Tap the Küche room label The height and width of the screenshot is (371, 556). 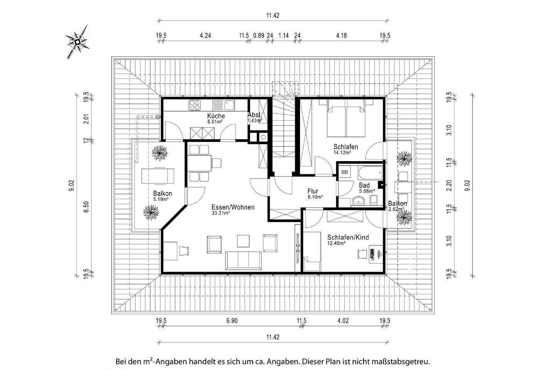point(216,116)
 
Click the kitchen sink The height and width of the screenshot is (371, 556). point(224,105)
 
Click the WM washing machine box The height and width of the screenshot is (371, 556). point(344,172)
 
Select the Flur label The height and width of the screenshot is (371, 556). point(313,191)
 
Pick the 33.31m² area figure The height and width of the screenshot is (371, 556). point(220,213)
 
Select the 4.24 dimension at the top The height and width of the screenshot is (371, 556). point(205,36)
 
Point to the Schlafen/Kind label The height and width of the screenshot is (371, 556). point(345,237)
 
